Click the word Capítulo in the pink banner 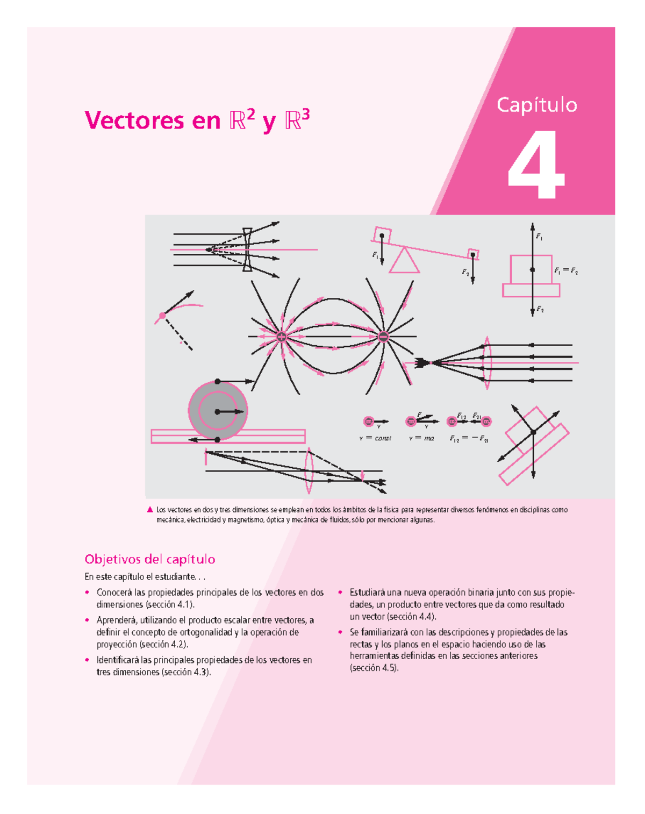536,105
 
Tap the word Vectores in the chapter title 134,120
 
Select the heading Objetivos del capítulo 150,559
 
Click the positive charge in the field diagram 281,337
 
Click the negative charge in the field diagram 383,337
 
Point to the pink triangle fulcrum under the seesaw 404,261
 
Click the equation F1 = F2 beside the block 566,271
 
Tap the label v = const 375,438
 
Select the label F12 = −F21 469,439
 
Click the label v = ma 421,438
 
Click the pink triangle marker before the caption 150,510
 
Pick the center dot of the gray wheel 217,412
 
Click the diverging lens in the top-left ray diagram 247,249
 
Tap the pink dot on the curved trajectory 162,316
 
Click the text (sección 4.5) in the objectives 374,668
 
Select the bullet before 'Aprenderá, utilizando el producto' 87,620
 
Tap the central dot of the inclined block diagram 533,432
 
